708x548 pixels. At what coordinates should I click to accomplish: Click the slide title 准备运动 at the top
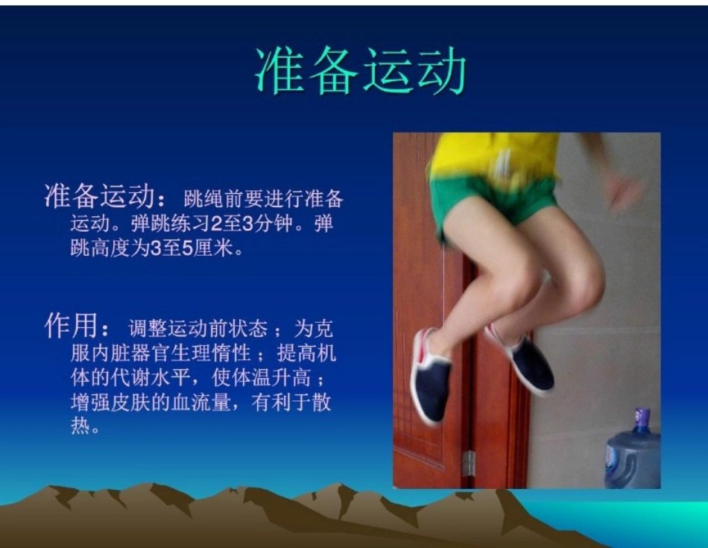361,72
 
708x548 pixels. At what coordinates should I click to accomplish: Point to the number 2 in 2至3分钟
215,224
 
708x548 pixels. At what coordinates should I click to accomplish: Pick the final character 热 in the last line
79,427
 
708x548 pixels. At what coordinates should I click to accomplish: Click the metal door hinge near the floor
468,463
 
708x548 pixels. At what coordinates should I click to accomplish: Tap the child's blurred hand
624,191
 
